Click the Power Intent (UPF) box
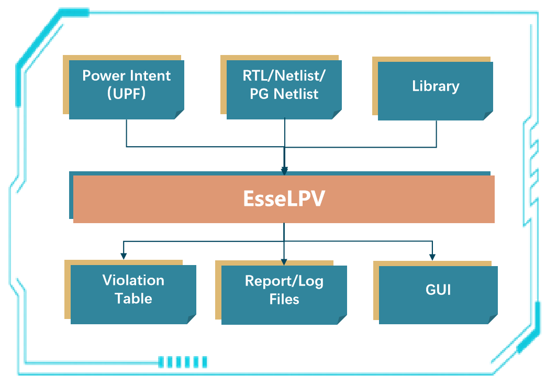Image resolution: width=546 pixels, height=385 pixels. pyautogui.click(x=126, y=89)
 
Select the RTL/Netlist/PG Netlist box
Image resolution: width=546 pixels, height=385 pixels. pyautogui.click(x=284, y=89)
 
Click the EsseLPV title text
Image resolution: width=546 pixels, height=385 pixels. pyautogui.click(x=284, y=199)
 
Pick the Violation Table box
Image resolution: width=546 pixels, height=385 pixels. pyautogui.click(x=133, y=294)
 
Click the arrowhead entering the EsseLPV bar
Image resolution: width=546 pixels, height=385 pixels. pyautogui.click(x=284, y=171)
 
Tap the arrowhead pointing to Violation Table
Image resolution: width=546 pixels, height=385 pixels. pyautogui.click(x=124, y=256)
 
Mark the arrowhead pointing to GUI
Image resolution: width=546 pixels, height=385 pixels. pyautogui.click(x=432, y=256)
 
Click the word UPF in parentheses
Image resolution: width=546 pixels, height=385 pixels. pyautogui.click(x=126, y=94)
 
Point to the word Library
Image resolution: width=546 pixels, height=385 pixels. pyautogui.click(x=436, y=86)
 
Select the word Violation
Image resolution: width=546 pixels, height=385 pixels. pyautogui.click(x=133, y=280)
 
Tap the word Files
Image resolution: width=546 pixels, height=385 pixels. pyautogui.click(x=284, y=299)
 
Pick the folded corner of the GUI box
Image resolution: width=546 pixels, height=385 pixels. pyautogui.click(x=493, y=319)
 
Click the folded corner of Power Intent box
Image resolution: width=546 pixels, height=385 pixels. pyautogui.click(x=179, y=114)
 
